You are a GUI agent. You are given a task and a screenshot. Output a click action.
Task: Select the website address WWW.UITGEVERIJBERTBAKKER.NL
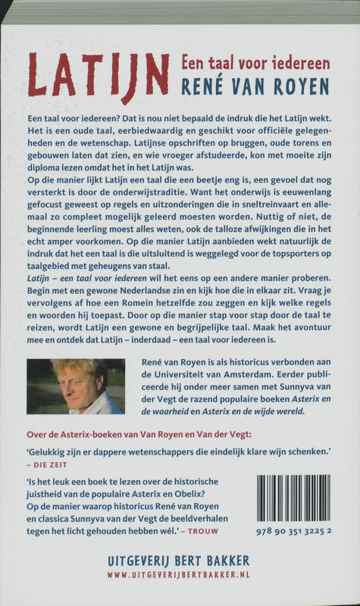tap(180, 578)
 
